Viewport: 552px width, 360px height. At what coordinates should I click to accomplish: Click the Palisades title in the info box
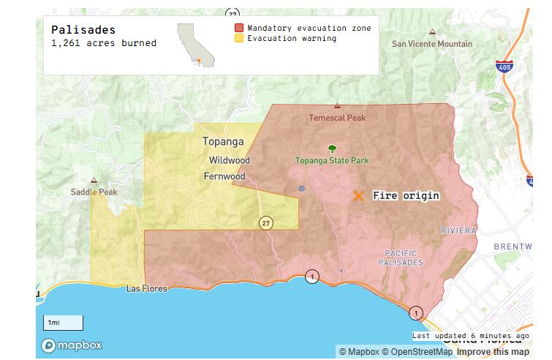click(x=83, y=30)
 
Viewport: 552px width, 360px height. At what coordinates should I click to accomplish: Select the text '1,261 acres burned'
click(x=103, y=43)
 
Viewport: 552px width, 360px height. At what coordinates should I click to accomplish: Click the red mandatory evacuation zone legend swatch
click(x=238, y=28)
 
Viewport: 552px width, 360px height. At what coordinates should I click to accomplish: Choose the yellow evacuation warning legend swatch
click(x=238, y=39)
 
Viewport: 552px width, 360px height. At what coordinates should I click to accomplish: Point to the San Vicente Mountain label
click(x=432, y=44)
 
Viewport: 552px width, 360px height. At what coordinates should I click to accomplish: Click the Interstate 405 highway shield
click(x=502, y=67)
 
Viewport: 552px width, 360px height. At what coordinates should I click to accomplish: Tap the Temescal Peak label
click(x=336, y=117)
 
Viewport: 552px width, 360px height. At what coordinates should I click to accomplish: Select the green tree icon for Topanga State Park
click(x=332, y=149)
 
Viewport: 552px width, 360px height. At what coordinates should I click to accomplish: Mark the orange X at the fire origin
click(x=358, y=196)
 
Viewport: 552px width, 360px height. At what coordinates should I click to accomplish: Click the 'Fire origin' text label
click(x=406, y=196)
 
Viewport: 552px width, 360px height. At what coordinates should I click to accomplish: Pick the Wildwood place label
click(x=229, y=160)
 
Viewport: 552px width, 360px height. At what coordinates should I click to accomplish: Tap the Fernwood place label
click(x=224, y=176)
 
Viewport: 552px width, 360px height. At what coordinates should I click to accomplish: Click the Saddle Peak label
click(x=94, y=192)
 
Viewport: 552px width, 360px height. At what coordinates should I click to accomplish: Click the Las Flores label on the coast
click(x=146, y=288)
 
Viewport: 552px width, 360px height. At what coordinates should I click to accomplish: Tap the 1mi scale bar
click(x=62, y=323)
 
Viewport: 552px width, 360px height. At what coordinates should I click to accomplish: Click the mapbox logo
click(x=72, y=345)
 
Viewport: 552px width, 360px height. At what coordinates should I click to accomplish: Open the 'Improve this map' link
click(x=493, y=352)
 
